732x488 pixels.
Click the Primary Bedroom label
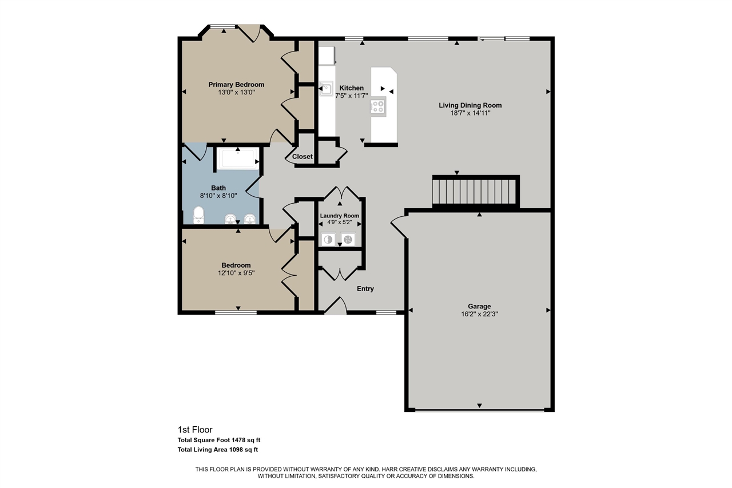236,85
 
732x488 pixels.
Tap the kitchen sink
326,89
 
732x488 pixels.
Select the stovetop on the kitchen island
378,106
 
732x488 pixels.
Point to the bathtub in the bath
238,158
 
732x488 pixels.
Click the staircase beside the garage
476,192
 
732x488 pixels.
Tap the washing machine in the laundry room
328,240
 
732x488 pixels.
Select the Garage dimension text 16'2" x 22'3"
479,314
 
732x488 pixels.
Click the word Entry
365,288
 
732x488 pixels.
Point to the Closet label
303,157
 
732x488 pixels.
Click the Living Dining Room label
470,105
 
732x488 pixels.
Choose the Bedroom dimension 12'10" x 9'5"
236,273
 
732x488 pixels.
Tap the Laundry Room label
340,216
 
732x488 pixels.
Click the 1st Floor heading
195,430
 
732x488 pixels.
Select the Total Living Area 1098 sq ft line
218,450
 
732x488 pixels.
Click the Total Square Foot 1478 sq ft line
219,440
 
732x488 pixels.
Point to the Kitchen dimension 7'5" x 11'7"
352,96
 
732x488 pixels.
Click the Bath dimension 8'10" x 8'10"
218,196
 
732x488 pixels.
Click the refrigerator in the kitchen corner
327,55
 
